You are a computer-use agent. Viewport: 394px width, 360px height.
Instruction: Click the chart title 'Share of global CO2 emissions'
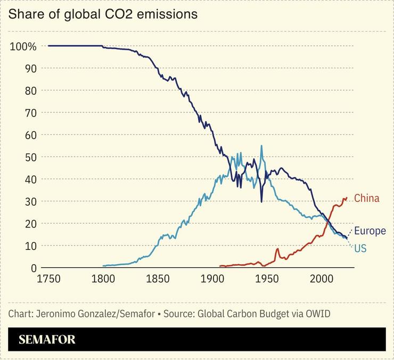pos(103,14)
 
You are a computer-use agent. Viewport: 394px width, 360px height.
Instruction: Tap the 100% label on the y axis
pos(23,46)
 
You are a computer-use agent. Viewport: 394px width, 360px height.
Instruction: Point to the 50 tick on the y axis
pos(30,157)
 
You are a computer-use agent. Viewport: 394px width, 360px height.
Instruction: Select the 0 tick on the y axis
pos(34,268)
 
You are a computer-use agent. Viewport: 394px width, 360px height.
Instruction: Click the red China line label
pos(366,199)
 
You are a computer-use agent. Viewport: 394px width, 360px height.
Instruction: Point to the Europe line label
pos(370,231)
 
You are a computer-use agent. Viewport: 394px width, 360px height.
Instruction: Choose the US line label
pos(360,249)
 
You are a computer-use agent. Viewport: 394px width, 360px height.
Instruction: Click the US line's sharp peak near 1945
pos(261,146)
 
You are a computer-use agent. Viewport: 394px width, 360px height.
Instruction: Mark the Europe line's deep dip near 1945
pos(261,201)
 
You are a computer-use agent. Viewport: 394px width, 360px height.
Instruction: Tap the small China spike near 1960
pos(277,249)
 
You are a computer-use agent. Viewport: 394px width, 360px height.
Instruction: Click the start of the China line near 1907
pos(220,266)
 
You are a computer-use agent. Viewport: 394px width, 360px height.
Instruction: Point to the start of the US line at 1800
pos(103,266)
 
